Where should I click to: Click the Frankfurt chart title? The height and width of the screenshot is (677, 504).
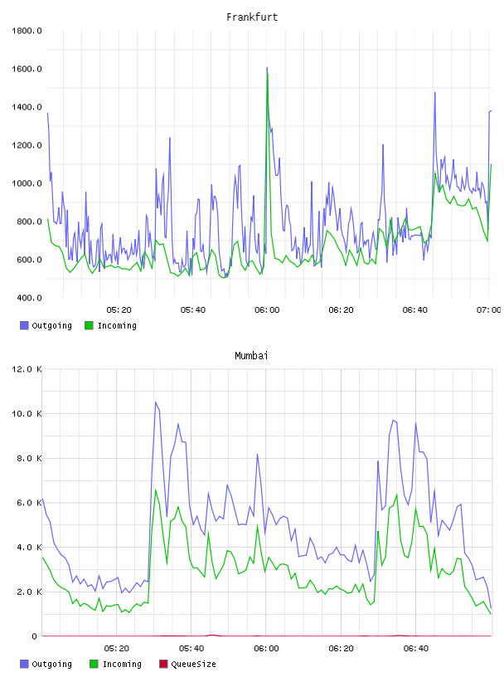pos(252,17)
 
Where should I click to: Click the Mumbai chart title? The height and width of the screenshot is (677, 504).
pos(251,356)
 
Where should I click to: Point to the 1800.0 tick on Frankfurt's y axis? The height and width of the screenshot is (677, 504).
pos(27,31)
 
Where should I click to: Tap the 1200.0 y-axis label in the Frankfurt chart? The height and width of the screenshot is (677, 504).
pos(27,145)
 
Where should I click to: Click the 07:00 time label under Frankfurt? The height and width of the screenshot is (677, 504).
pos(488,309)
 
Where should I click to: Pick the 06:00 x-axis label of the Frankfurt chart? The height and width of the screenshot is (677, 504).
pos(267,309)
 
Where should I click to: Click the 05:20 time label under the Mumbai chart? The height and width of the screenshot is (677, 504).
pos(117,648)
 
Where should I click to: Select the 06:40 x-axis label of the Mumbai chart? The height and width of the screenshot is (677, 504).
pos(416,648)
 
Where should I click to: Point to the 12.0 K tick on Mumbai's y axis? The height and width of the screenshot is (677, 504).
pos(27,369)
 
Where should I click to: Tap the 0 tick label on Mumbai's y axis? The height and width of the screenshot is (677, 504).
pos(35,636)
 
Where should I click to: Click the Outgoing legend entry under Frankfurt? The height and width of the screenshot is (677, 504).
pos(46,325)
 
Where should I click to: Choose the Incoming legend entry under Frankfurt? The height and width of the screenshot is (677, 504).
pos(111,325)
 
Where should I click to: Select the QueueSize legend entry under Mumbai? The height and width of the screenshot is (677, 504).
pos(187,664)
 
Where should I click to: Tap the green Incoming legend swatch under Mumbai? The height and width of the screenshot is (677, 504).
pos(94,664)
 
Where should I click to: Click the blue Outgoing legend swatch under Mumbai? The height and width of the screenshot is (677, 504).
pos(24,664)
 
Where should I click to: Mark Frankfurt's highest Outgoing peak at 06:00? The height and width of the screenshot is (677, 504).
pos(267,68)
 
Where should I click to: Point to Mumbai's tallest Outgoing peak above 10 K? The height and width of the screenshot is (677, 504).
pos(155,402)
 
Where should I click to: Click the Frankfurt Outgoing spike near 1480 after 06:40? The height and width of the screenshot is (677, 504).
pos(434,92)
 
